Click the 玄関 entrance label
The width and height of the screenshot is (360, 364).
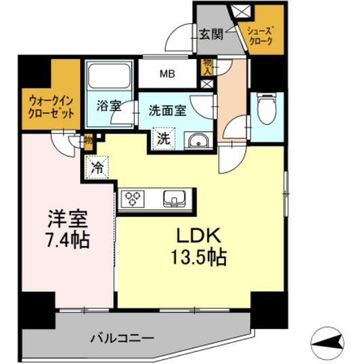pyautogui.click(x=209, y=33)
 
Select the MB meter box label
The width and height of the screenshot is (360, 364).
pyautogui.click(x=165, y=74)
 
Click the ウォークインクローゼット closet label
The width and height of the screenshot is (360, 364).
pyautogui.click(x=51, y=104)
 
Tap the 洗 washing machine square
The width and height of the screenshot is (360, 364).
pyautogui.click(x=163, y=140)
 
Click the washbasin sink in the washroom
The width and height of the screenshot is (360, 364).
pyautogui.click(x=197, y=141)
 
